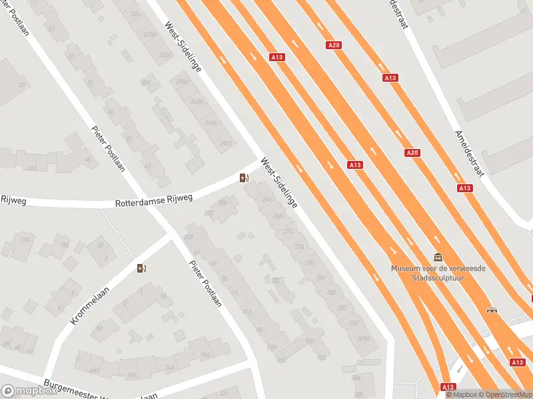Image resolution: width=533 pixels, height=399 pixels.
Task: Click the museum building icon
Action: pyautogui.click(x=438, y=257)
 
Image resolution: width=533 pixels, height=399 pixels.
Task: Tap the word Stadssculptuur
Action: pyautogui.click(x=438, y=277)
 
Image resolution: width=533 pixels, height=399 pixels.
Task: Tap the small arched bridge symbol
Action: pyautogui.click(x=492, y=309)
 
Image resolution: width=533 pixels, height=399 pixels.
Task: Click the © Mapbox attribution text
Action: pyautogui.click(x=462, y=394)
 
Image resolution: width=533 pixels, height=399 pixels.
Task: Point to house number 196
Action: pyautogui.click(x=25, y=240)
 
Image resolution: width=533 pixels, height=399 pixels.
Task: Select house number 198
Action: pyautogui.click(x=65, y=245)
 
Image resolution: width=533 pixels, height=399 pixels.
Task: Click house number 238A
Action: pyautogui.click(x=179, y=82)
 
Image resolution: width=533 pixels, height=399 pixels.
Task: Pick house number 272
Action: pyautogui.click(x=288, y=231)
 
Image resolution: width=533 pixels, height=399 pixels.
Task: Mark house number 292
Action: pyautogui.click(x=342, y=307)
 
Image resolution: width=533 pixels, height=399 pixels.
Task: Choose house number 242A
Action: pyautogui.click(x=196, y=102)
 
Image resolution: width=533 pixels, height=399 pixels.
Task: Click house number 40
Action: pyautogui.click(x=87, y=159)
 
